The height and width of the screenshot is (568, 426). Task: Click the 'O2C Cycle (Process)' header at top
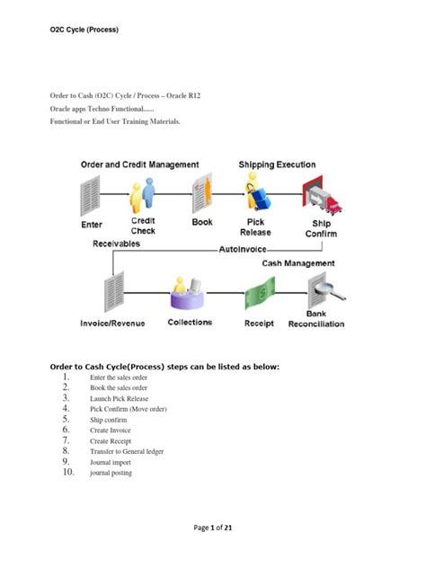click(84, 30)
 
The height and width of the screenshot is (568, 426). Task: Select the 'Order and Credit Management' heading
click(140, 164)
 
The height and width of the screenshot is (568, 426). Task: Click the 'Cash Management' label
click(298, 263)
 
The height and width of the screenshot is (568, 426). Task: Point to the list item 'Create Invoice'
click(112, 430)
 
